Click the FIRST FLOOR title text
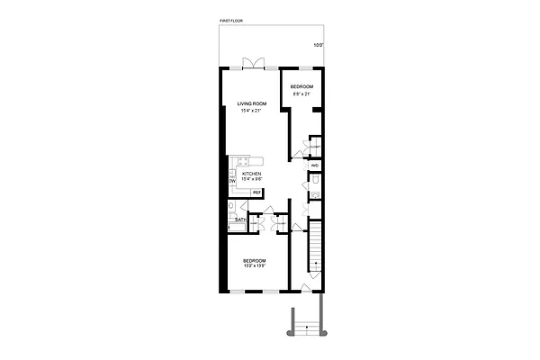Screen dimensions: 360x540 [x=231, y=19]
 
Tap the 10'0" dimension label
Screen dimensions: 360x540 [x=318, y=45]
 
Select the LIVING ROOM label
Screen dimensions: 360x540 [x=252, y=103]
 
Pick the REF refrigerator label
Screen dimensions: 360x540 [x=256, y=192]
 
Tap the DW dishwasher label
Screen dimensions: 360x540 [x=231, y=181]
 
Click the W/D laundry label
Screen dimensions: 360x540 [x=314, y=166]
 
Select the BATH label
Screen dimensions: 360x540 [x=240, y=220]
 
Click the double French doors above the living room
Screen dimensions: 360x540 [x=253, y=64]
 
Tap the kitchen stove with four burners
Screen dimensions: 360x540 [x=241, y=162]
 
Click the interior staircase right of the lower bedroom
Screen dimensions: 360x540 [x=314, y=253]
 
